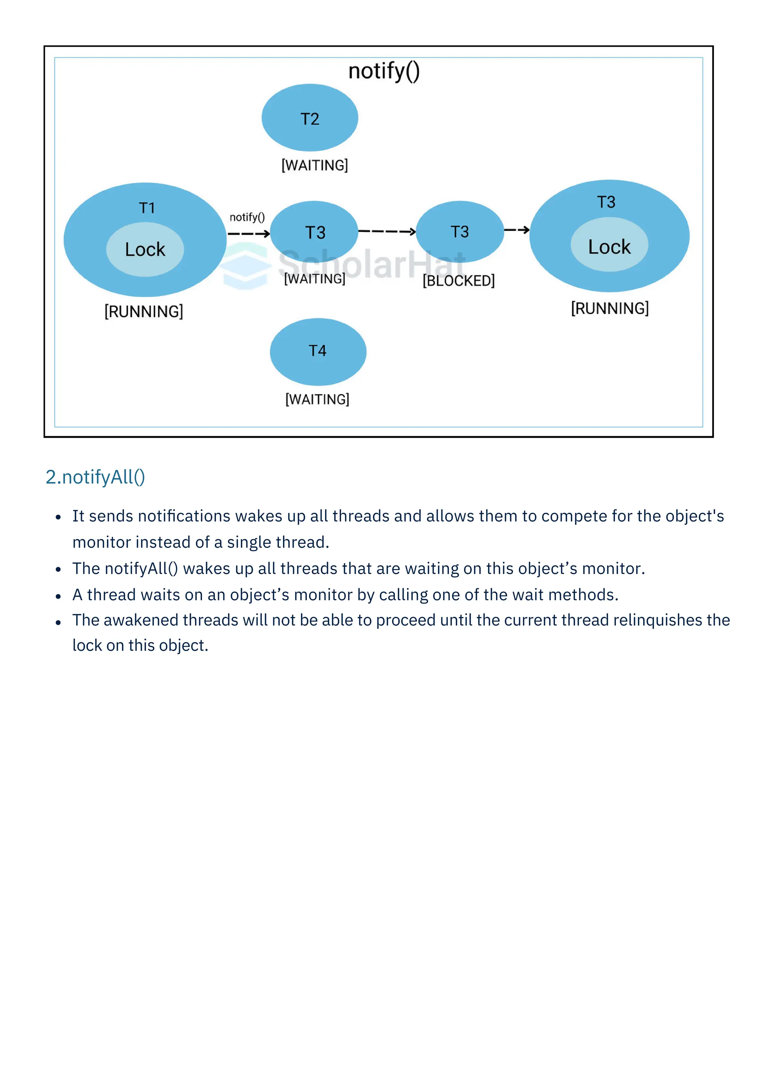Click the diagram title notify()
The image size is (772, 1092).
coord(384,71)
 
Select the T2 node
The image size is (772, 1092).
coord(309,118)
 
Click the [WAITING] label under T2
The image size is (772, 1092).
coord(315,166)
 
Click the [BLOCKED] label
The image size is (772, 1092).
coord(458,281)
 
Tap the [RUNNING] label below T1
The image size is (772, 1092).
coord(144,311)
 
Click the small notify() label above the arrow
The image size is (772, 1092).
coord(247,217)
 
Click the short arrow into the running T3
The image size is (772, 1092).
coord(516,230)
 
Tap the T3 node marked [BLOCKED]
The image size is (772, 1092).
coord(459,232)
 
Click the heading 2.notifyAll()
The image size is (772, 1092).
coord(95,477)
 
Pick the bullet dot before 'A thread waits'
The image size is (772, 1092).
coord(58,596)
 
